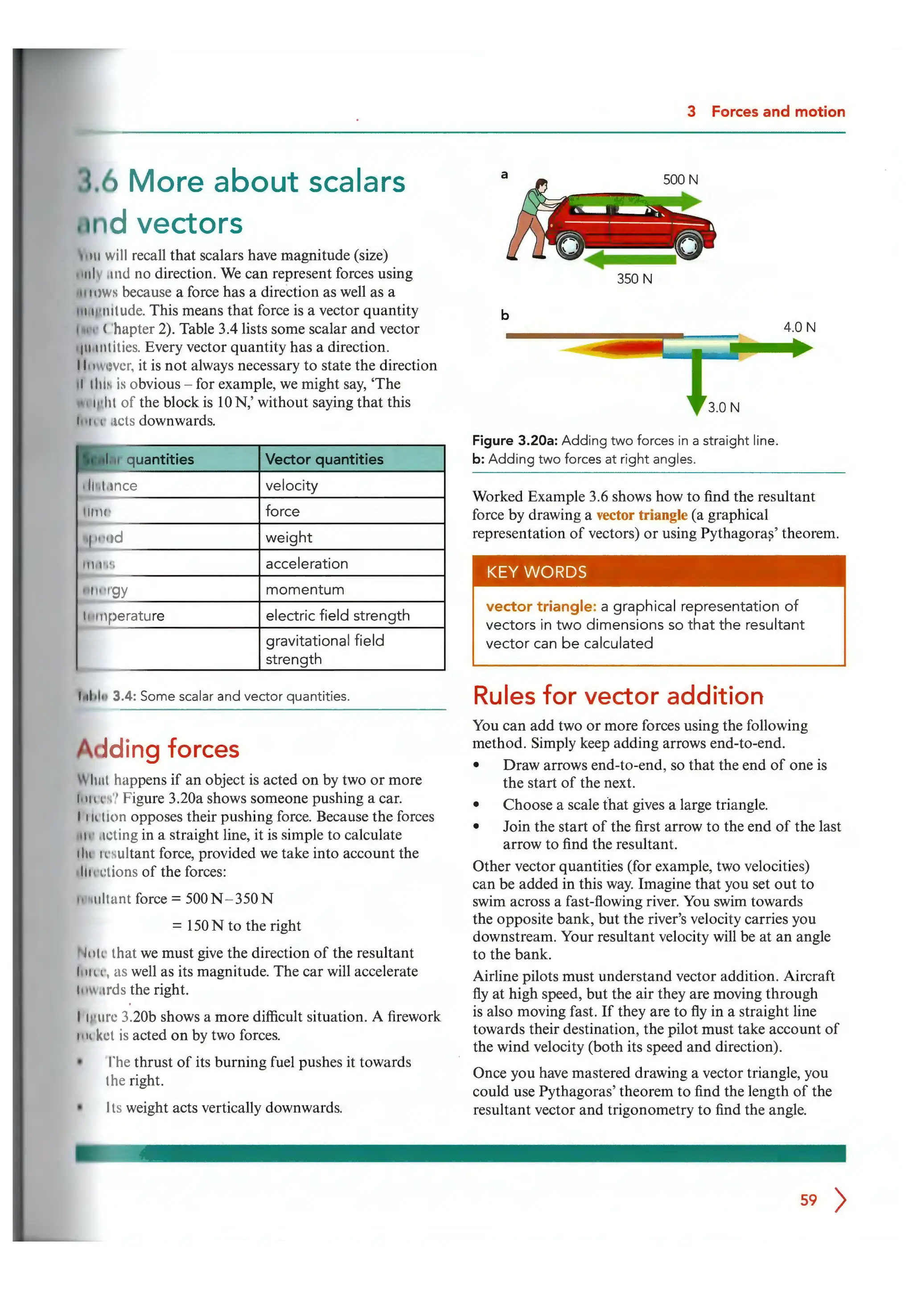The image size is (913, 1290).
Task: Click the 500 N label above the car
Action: [x=680, y=180]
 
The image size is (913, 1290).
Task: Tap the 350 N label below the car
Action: [x=634, y=279]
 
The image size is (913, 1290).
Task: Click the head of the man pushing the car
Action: [x=541, y=185]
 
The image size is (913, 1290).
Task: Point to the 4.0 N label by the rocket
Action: [x=799, y=327]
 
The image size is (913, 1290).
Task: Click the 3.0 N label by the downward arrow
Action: [x=723, y=407]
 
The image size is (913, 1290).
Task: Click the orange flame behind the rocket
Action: [x=613, y=349]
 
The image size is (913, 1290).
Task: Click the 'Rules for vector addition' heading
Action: [x=618, y=696]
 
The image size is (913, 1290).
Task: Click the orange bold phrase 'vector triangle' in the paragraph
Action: [x=642, y=515]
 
